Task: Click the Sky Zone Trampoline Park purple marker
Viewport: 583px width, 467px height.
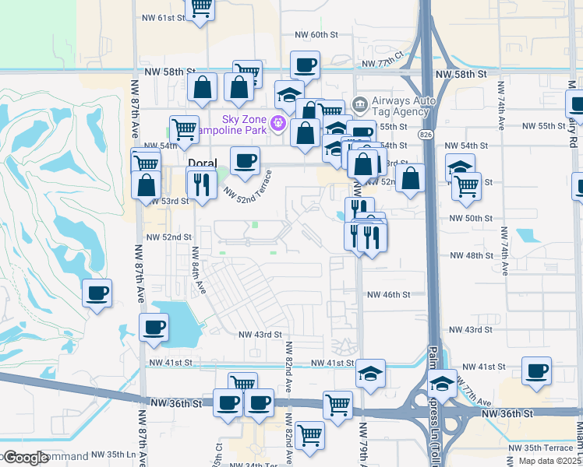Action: point(277,123)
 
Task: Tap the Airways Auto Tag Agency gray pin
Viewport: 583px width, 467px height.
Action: point(359,103)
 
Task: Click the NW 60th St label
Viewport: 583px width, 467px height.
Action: point(316,34)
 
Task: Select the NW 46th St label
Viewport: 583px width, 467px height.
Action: point(388,294)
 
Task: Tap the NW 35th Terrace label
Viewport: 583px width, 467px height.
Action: point(540,448)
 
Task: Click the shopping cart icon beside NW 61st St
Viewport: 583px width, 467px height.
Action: point(201,7)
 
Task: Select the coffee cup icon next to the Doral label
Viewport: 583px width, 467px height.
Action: point(244,161)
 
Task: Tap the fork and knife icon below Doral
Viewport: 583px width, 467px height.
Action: point(201,184)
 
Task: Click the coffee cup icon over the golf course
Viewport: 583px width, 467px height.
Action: point(97,293)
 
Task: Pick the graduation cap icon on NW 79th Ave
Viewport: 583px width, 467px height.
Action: point(371,374)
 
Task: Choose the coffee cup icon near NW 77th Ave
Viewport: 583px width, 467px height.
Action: point(536,371)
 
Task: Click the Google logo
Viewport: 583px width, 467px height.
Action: point(25,458)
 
